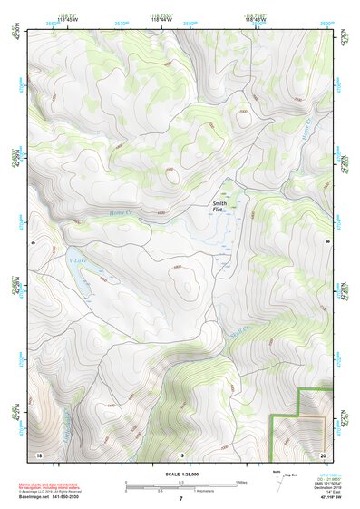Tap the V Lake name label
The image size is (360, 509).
[75, 261]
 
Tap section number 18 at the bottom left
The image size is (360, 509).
[39, 453]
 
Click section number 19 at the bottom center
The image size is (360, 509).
[180, 453]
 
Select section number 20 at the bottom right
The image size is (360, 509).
[323, 453]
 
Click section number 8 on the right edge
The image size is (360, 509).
[328, 243]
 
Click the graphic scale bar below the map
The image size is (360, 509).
[180, 485]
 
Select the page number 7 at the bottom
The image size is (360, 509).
[180, 499]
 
